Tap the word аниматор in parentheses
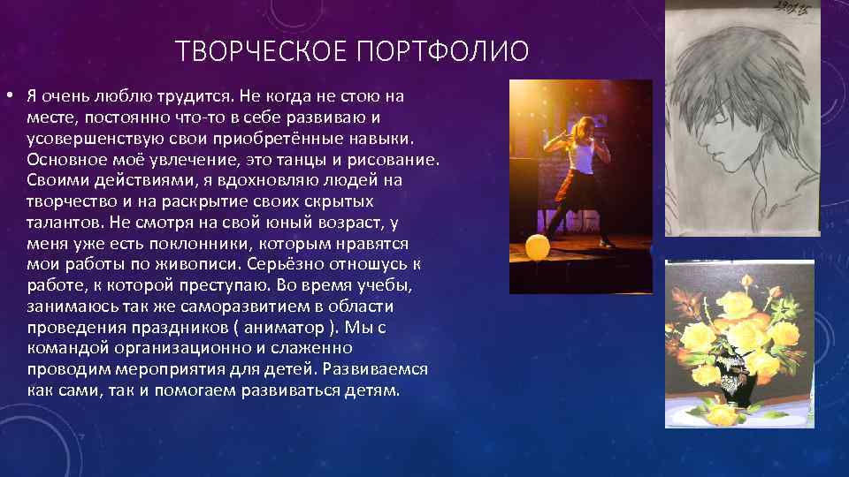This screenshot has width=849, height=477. pos(287,327)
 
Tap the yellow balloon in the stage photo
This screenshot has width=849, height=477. pos(537,247)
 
